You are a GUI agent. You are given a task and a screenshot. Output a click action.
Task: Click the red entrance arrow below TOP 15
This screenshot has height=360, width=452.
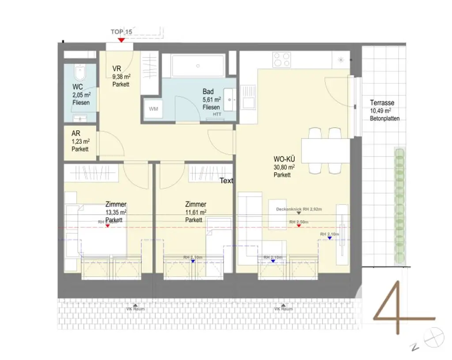pyautogui.click(x=121, y=40)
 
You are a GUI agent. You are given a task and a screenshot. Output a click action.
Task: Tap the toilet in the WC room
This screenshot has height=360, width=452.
pyautogui.click(x=80, y=72)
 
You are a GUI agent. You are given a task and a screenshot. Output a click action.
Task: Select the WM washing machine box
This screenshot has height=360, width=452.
pyautogui.click(x=154, y=109)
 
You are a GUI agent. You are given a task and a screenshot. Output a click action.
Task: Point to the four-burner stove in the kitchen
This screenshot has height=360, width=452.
pyautogui.click(x=282, y=60)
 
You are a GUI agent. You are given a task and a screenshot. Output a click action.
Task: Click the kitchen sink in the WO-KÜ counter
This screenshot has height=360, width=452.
pyautogui.click(x=250, y=96)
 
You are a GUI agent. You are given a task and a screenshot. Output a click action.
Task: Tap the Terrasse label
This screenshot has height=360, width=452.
pyautogui.click(x=382, y=103)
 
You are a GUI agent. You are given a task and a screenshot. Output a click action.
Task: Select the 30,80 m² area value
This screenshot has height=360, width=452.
pyautogui.click(x=284, y=167)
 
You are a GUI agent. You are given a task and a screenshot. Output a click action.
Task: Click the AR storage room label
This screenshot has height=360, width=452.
pyautogui.click(x=75, y=133)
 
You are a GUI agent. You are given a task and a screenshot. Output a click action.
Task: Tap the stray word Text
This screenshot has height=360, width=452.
pyautogui.click(x=226, y=181)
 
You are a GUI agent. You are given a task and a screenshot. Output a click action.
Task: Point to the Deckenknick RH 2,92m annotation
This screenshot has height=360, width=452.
pyautogui.click(x=299, y=209)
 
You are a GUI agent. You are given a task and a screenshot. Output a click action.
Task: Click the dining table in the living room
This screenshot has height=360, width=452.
pyautogui.click(x=326, y=151)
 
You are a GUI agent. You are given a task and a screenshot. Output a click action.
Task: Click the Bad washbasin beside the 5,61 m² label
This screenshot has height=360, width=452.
pyautogui.click(x=230, y=99)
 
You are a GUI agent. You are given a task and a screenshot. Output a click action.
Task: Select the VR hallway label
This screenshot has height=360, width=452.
pyautogui.click(x=117, y=69)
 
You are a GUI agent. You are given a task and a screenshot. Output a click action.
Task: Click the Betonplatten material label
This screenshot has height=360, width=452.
pyautogui.click(x=384, y=118)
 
